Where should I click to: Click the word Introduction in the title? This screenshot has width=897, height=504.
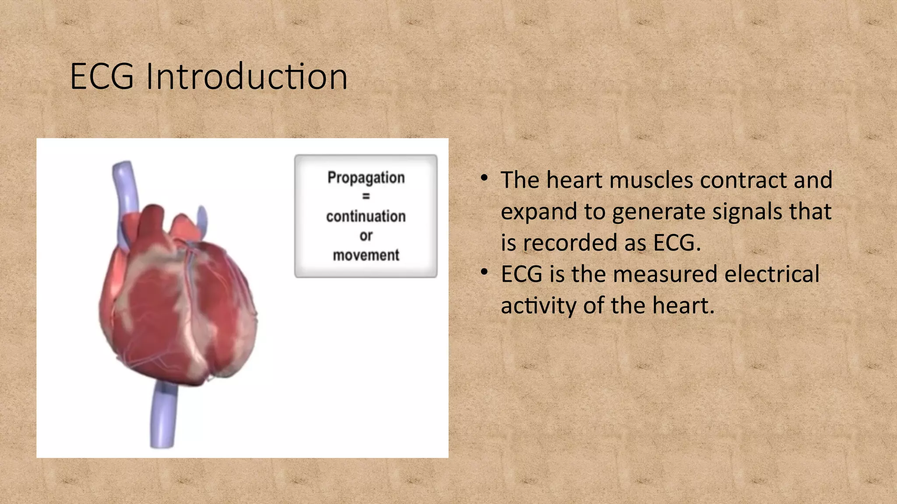[247, 77]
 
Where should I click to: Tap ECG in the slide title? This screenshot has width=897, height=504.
[102, 77]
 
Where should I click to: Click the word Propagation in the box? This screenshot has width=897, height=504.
[366, 178]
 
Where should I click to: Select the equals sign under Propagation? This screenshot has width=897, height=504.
[366, 196]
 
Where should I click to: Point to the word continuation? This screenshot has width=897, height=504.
[366, 216]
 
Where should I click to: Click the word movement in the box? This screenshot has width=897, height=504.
[366, 255]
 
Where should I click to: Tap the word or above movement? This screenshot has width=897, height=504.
[366, 235]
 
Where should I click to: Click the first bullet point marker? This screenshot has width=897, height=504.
[484, 178]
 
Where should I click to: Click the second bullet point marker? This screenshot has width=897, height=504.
[484, 272]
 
